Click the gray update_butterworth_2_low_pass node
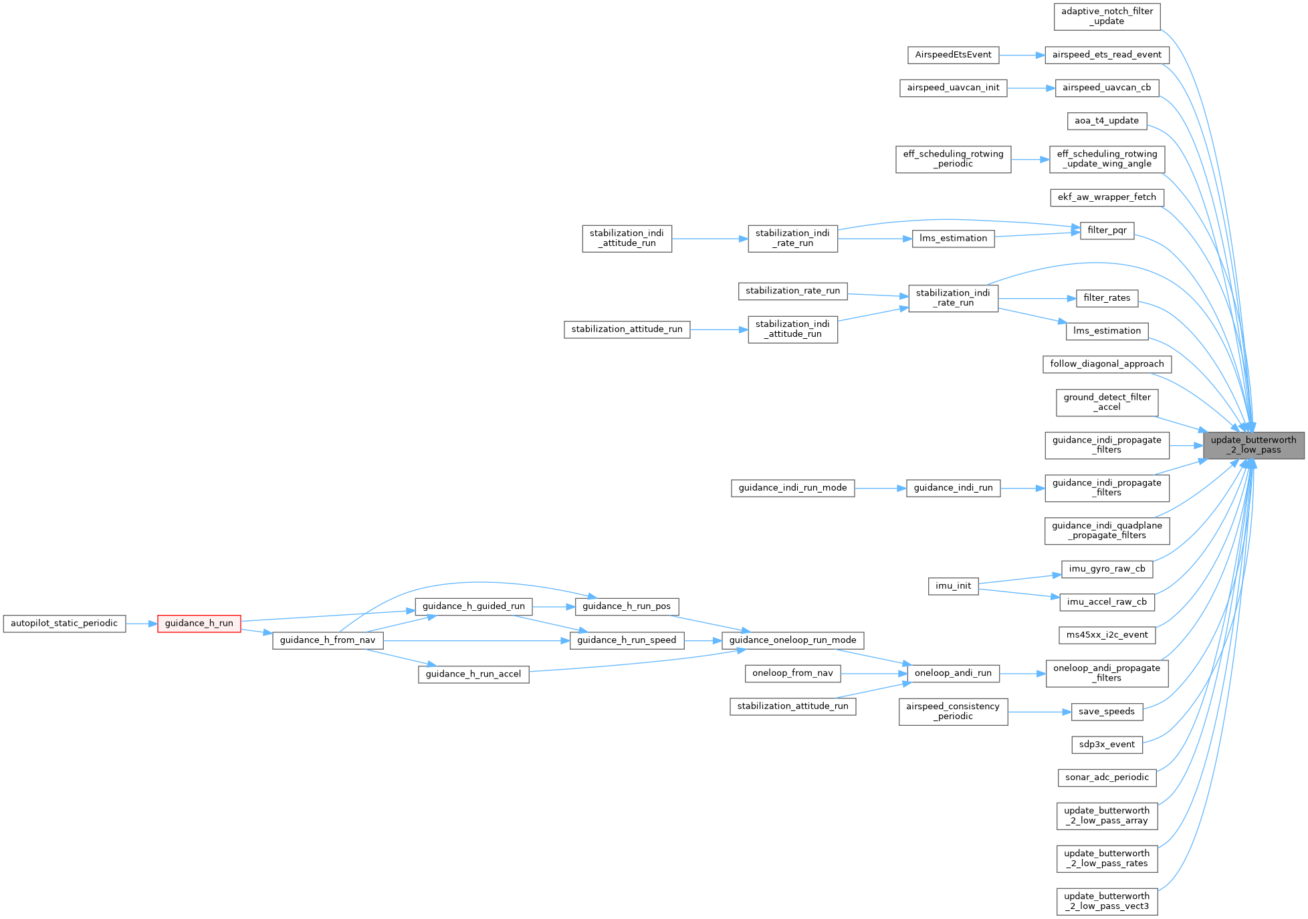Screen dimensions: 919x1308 click(1253, 445)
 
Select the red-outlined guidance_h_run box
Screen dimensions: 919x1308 click(199, 624)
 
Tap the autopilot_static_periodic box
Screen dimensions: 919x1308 click(64, 624)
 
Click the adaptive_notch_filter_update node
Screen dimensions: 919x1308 click(1107, 16)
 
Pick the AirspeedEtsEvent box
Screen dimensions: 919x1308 click(953, 55)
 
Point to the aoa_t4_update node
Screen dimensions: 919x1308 click(1107, 121)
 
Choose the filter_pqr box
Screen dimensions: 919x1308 click(1107, 231)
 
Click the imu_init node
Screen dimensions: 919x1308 click(953, 586)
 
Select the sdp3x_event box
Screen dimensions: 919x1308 click(1107, 745)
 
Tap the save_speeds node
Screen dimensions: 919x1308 click(1107, 712)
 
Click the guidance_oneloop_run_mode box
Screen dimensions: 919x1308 click(792, 640)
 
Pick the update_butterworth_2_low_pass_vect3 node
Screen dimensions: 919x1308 click(1107, 901)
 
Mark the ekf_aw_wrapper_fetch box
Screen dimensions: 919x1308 click(1107, 197)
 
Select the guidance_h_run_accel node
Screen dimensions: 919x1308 click(473, 674)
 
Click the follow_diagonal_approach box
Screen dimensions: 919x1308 click(1107, 364)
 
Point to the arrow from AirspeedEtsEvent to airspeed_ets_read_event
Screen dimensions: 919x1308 click(1022, 55)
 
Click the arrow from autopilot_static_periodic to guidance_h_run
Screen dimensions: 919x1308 click(142, 624)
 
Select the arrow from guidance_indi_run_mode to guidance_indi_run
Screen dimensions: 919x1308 click(880, 489)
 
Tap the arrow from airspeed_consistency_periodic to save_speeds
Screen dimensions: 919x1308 click(1039, 712)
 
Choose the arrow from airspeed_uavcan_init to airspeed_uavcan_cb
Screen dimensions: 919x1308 click(1030, 88)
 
